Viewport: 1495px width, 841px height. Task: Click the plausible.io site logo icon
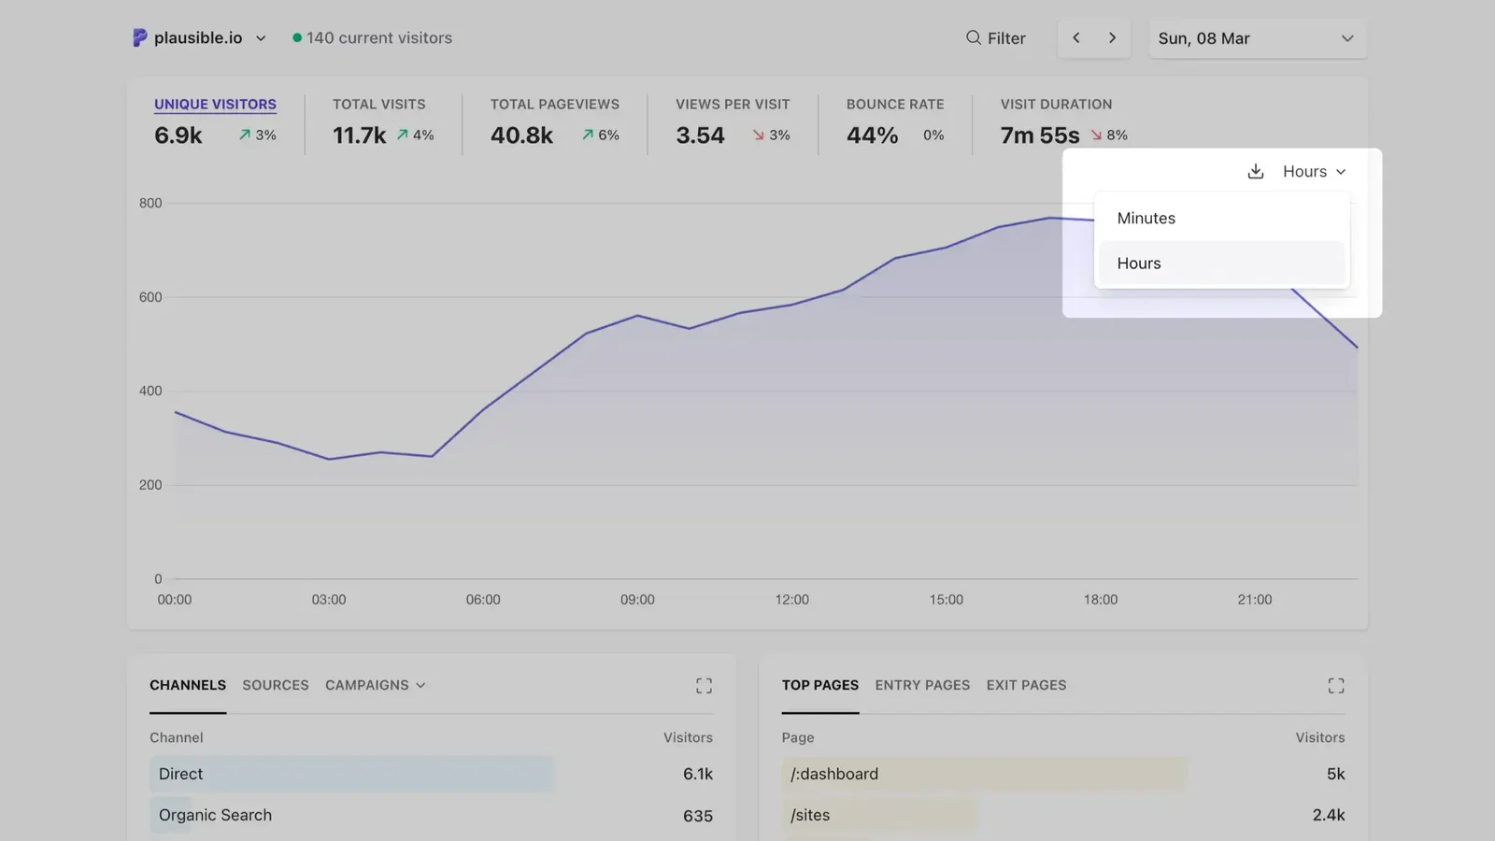pyautogui.click(x=140, y=37)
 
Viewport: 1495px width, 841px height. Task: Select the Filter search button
pyautogui.click(x=995, y=38)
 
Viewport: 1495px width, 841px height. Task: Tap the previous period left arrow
pyautogui.click(x=1076, y=38)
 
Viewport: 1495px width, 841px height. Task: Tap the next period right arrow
pyautogui.click(x=1112, y=38)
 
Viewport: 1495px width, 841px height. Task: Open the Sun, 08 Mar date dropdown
pyautogui.click(x=1256, y=38)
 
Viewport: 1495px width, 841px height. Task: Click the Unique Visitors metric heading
pyautogui.click(x=215, y=104)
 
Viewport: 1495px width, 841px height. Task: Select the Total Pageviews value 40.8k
pyautogui.click(x=521, y=135)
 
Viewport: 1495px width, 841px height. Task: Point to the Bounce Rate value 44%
pyautogui.click(x=872, y=135)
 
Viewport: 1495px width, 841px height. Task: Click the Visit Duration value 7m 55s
pyautogui.click(x=1039, y=135)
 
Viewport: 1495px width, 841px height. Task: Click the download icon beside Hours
pyautogui.click(x=1256, y=172)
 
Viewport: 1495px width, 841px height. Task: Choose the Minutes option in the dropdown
pyautogui.click(x=1146, y=218)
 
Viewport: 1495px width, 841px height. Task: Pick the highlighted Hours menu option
pyautogui.click(x=1139, y=264)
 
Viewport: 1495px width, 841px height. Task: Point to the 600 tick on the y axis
pyautogui.click(x=150, y=297)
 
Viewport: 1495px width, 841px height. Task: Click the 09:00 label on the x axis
pyautogui.click(x=637, y=600)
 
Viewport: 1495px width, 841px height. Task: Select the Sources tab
pyautogui.click(x=275, y=685)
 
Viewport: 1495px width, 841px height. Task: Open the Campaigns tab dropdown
pyautogui.click(x=375, y=685)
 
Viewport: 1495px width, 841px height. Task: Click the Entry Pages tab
pyautogui.click(x=922, y=685)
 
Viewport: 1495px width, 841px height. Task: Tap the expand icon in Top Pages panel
pyautogui.click(x=1336, y=686)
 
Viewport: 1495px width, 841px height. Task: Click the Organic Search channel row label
pyautogui.click(x=215, y=815)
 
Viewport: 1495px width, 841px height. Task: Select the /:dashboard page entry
pyautogui.click(x=834, y=774)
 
